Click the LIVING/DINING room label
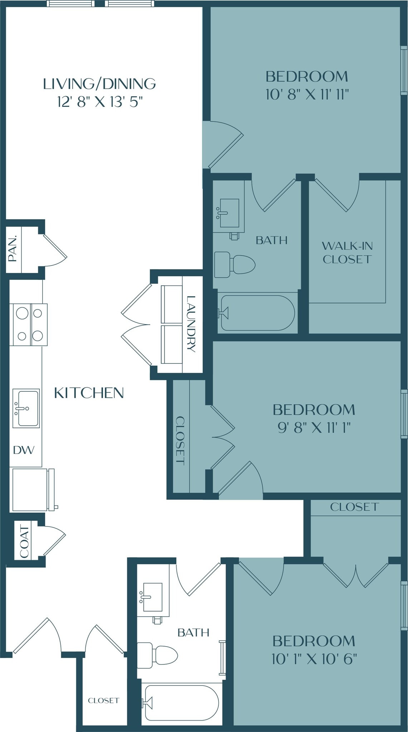click(x=99, y=84)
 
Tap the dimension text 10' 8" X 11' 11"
click(x=307, y=95)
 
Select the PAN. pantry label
click(x=13, y=249)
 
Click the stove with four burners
click(x=30, y=325)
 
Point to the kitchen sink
click(x=26, y=408)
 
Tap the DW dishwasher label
click(x=24, y=450)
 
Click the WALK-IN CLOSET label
click(x=347, y=252)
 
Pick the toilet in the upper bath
click(x=235, y=265)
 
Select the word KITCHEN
click(x=89, y=393)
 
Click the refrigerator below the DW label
click(x=31, y=489)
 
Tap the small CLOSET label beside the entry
click(x=103, y=700)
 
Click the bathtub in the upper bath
click(x=257, y=313)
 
